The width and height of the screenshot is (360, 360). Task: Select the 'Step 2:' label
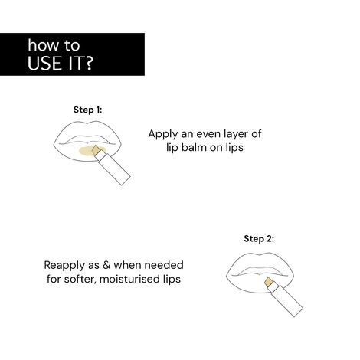point(259,238)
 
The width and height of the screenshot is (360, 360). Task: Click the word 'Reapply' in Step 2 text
point(67,265)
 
